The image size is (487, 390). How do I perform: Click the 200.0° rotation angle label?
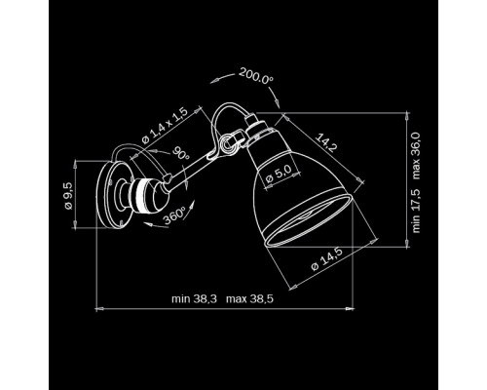(x=256, y=76)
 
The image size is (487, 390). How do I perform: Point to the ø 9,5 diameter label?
(x=68, y=196)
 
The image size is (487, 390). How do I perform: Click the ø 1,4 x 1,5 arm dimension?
(x=165, y=126)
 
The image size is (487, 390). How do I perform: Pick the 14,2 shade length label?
(x=325, y=142)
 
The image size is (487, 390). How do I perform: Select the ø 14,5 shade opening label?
(x=326, y=259)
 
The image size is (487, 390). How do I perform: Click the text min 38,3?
(x=194, y=298)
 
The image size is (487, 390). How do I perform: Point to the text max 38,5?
(x=249, y=298)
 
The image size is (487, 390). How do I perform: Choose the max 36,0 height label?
(x=416, y=156)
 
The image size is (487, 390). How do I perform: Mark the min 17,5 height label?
(x=416, y=211)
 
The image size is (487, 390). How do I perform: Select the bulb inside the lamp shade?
(x=307, y=215)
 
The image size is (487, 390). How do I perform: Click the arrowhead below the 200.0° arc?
(x=278, y=103)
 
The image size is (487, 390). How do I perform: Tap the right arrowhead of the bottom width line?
(x=350, y=308)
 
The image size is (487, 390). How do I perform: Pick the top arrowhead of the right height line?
(x=407, y=116)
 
